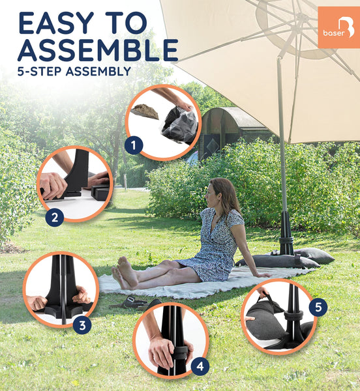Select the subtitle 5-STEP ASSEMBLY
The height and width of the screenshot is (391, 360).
[x=74, y=72]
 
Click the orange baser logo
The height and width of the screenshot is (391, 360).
[x=338, y=27]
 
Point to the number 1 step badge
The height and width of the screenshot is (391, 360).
[x=133, y=145]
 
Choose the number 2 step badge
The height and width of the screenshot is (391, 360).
[x=54, y=217]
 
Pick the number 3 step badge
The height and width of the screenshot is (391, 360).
[x=82, y=324]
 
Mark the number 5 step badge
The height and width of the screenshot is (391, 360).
[x=318, y=306]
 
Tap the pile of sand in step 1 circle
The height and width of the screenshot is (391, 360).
[x=145, y=111]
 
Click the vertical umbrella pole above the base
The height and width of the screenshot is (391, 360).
[x=281, y=150]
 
